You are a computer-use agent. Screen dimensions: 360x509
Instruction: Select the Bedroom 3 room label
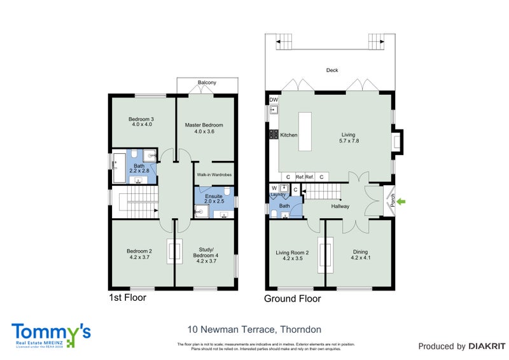[141, 121]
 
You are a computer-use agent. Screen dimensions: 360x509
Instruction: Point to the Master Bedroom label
[204, 128]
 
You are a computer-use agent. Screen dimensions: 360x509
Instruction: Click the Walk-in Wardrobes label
[213, 174]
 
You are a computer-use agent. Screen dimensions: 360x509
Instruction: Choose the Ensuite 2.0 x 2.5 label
[213, 199]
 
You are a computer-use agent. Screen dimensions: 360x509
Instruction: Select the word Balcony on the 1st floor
[207, 83]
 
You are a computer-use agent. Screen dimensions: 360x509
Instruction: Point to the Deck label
[331, 71]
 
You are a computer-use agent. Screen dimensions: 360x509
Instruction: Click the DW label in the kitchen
[274, 100]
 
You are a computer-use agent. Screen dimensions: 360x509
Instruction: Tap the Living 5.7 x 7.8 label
[348, 138]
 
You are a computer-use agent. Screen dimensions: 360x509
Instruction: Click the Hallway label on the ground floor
[341, 207]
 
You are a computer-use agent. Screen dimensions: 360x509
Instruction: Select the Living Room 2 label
[292, 256]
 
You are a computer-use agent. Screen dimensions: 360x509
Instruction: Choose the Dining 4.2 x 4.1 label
[360, 256]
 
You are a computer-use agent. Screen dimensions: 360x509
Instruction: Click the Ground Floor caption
[293, 298]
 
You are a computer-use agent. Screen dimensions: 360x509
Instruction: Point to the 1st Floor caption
[127, 297]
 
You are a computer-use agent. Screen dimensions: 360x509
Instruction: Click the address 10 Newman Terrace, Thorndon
[254, 329]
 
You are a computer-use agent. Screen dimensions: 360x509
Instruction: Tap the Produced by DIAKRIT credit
[461, 347]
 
